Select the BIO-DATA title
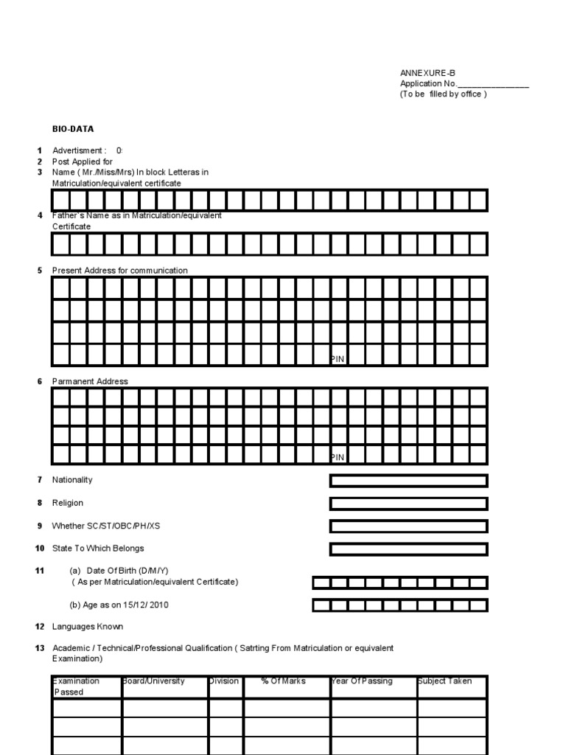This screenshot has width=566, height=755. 72,128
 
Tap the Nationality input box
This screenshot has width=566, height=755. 408,481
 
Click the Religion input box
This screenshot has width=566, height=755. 408,504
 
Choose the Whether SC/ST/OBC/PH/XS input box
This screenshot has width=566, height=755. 408,526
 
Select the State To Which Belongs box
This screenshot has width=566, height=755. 408,549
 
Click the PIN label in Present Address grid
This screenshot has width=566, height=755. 337,358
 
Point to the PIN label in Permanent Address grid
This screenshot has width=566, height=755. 337,457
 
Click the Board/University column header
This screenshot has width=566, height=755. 153,681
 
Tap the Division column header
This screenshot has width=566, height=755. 224,681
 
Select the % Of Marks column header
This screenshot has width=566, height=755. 283,681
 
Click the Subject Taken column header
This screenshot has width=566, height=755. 444,681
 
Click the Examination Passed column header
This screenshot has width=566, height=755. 76,686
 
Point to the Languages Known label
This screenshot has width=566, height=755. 87,627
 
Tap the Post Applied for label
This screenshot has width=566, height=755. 82,161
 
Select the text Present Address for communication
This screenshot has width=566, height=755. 119,271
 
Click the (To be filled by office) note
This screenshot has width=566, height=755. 443,94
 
